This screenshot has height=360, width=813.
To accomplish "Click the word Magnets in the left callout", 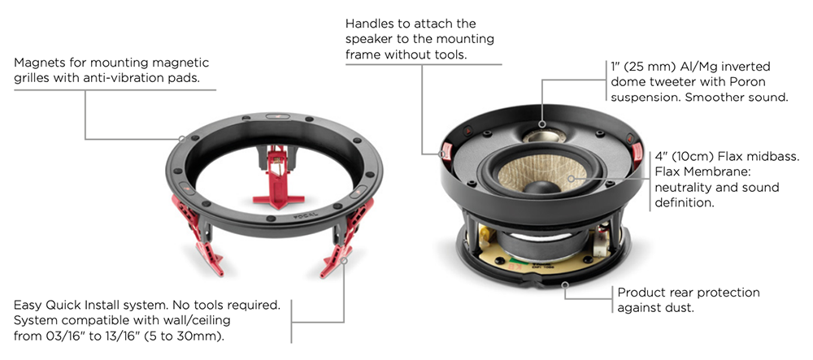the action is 37,63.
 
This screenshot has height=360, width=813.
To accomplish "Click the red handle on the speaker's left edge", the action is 446,151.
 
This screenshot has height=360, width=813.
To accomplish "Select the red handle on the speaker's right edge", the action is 637,151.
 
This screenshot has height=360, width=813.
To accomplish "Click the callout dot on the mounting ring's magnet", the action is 182,139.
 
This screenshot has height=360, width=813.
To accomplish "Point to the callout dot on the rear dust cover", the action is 566,284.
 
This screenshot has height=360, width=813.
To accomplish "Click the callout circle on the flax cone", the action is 571,179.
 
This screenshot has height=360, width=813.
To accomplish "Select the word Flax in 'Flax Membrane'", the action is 667,171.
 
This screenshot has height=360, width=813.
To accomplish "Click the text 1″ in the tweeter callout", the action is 615,67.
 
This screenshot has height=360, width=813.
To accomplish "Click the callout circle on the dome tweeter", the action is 541,124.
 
